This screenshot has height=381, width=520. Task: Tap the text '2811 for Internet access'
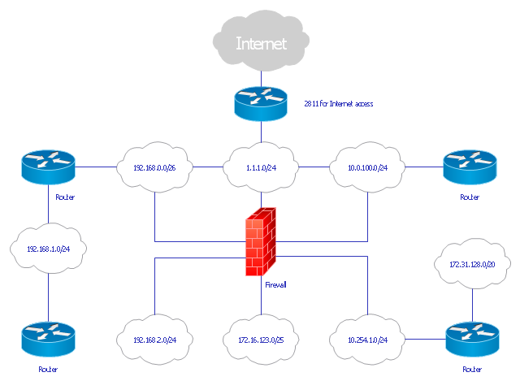[337, 104]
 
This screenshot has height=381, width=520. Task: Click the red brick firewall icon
[262, 242]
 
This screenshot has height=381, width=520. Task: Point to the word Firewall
[276, 285]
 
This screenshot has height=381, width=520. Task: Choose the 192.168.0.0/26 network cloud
[154, 168]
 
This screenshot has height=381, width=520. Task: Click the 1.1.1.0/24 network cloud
[261, 168]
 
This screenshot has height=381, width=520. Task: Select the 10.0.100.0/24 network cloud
[368, 168]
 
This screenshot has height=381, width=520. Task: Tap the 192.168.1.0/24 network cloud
[48, 249]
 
